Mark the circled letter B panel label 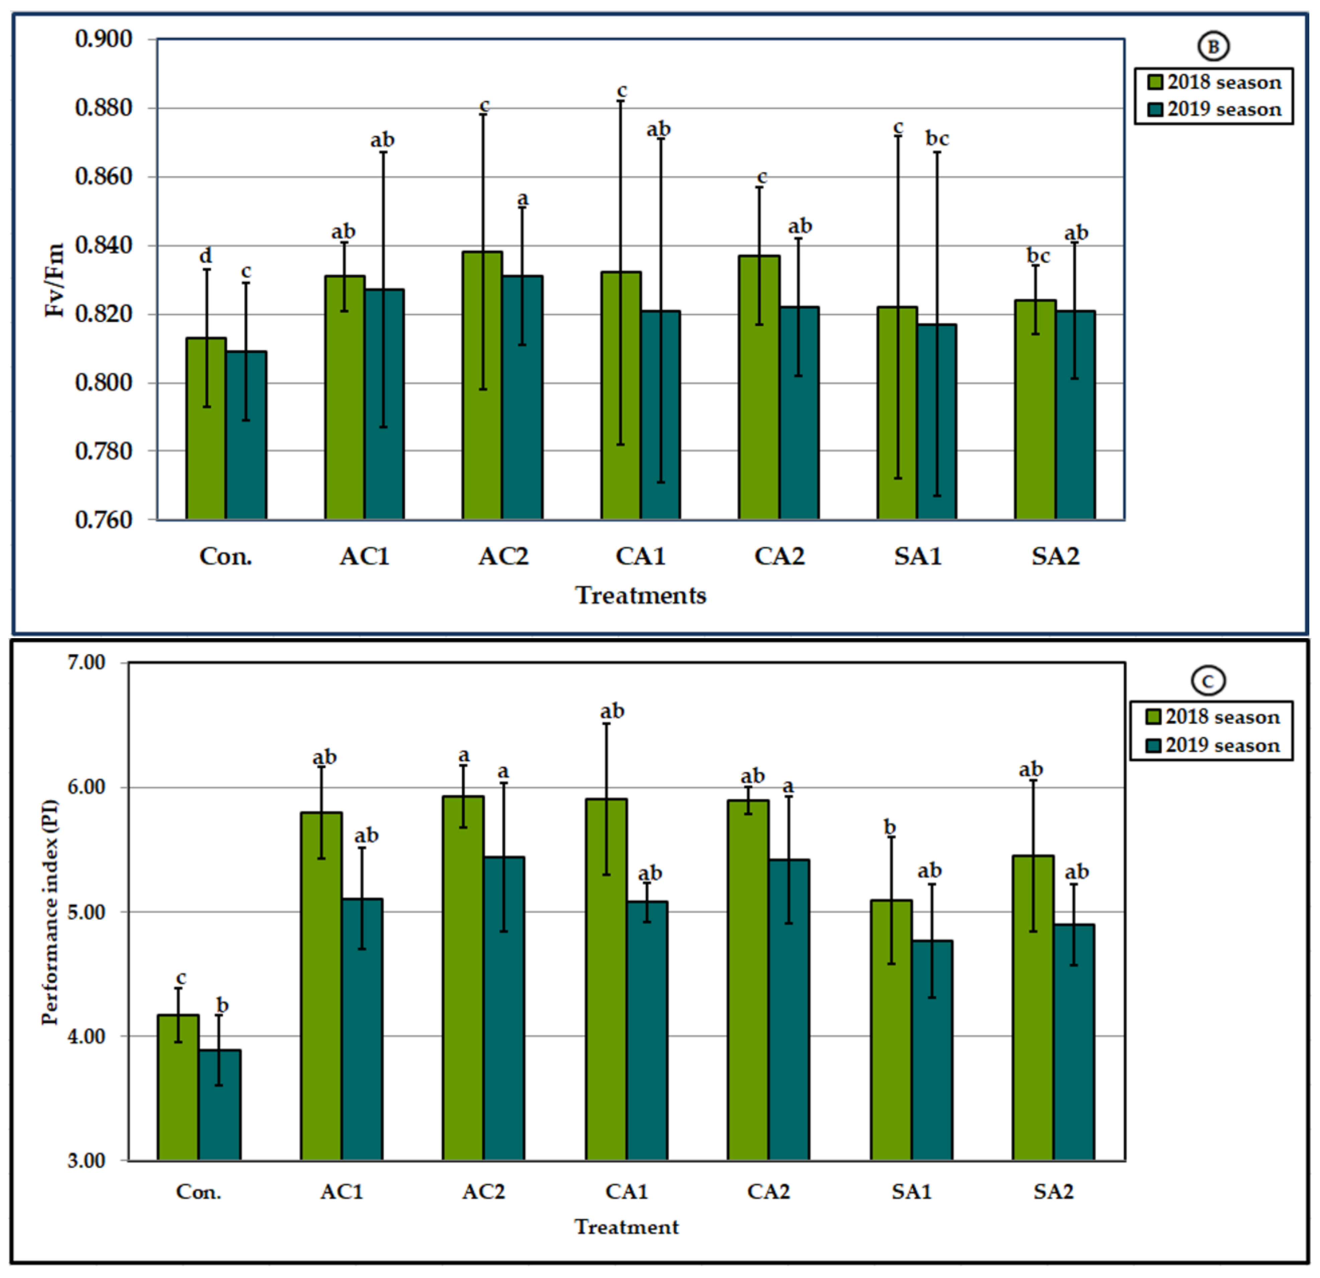point(1213,47)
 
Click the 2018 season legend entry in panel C point(1212,717)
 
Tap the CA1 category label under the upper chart point(640,557)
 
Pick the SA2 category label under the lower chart point(1053,1192)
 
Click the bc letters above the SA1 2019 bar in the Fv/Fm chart point(937,139)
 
